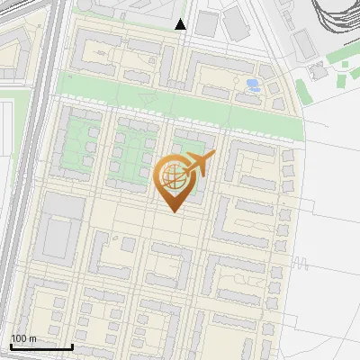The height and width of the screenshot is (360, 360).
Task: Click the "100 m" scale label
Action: (22, 337)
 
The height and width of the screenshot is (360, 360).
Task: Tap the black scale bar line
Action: (41, 346)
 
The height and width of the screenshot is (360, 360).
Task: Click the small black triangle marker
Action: (181, 24)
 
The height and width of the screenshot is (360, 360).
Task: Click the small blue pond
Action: (253, 85)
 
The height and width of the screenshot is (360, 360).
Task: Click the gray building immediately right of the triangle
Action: (206, 24)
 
